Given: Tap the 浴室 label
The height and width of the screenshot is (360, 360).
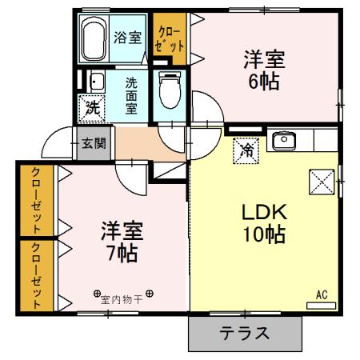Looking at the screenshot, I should [128, 36].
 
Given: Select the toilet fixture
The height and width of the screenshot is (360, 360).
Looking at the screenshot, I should [170, 89].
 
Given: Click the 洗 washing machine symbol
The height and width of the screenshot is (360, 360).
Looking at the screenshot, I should [90, 106].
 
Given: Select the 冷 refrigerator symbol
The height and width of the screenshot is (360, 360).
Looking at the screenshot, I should [246, 150].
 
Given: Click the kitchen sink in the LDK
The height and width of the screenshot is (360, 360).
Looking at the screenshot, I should [284, 142].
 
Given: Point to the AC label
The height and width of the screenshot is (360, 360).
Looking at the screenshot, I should [322, 294].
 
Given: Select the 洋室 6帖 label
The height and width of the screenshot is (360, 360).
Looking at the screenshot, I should [263, 70].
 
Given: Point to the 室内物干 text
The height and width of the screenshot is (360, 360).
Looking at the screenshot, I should [122, 299].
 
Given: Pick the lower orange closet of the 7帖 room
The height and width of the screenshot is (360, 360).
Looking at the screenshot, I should [36, 274].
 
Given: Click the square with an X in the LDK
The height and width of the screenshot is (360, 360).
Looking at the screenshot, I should [321, 182].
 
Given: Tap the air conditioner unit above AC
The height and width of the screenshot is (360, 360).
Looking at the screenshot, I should [322, 305].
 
